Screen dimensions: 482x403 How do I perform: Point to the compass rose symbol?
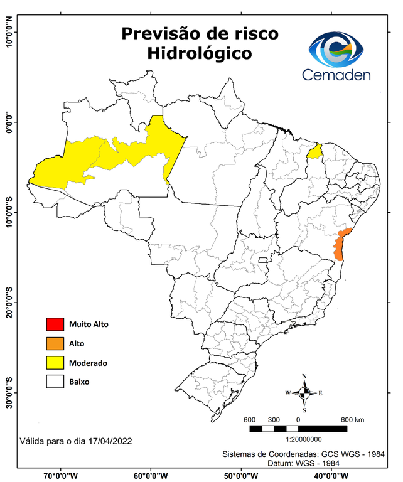(304, 394)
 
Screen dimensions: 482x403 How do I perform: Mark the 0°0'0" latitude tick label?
(9, 122)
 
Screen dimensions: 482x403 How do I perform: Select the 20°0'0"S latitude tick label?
(9, 303)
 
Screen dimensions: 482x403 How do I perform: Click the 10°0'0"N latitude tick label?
(9, 31)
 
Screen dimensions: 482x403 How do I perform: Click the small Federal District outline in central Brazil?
(263, 259)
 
